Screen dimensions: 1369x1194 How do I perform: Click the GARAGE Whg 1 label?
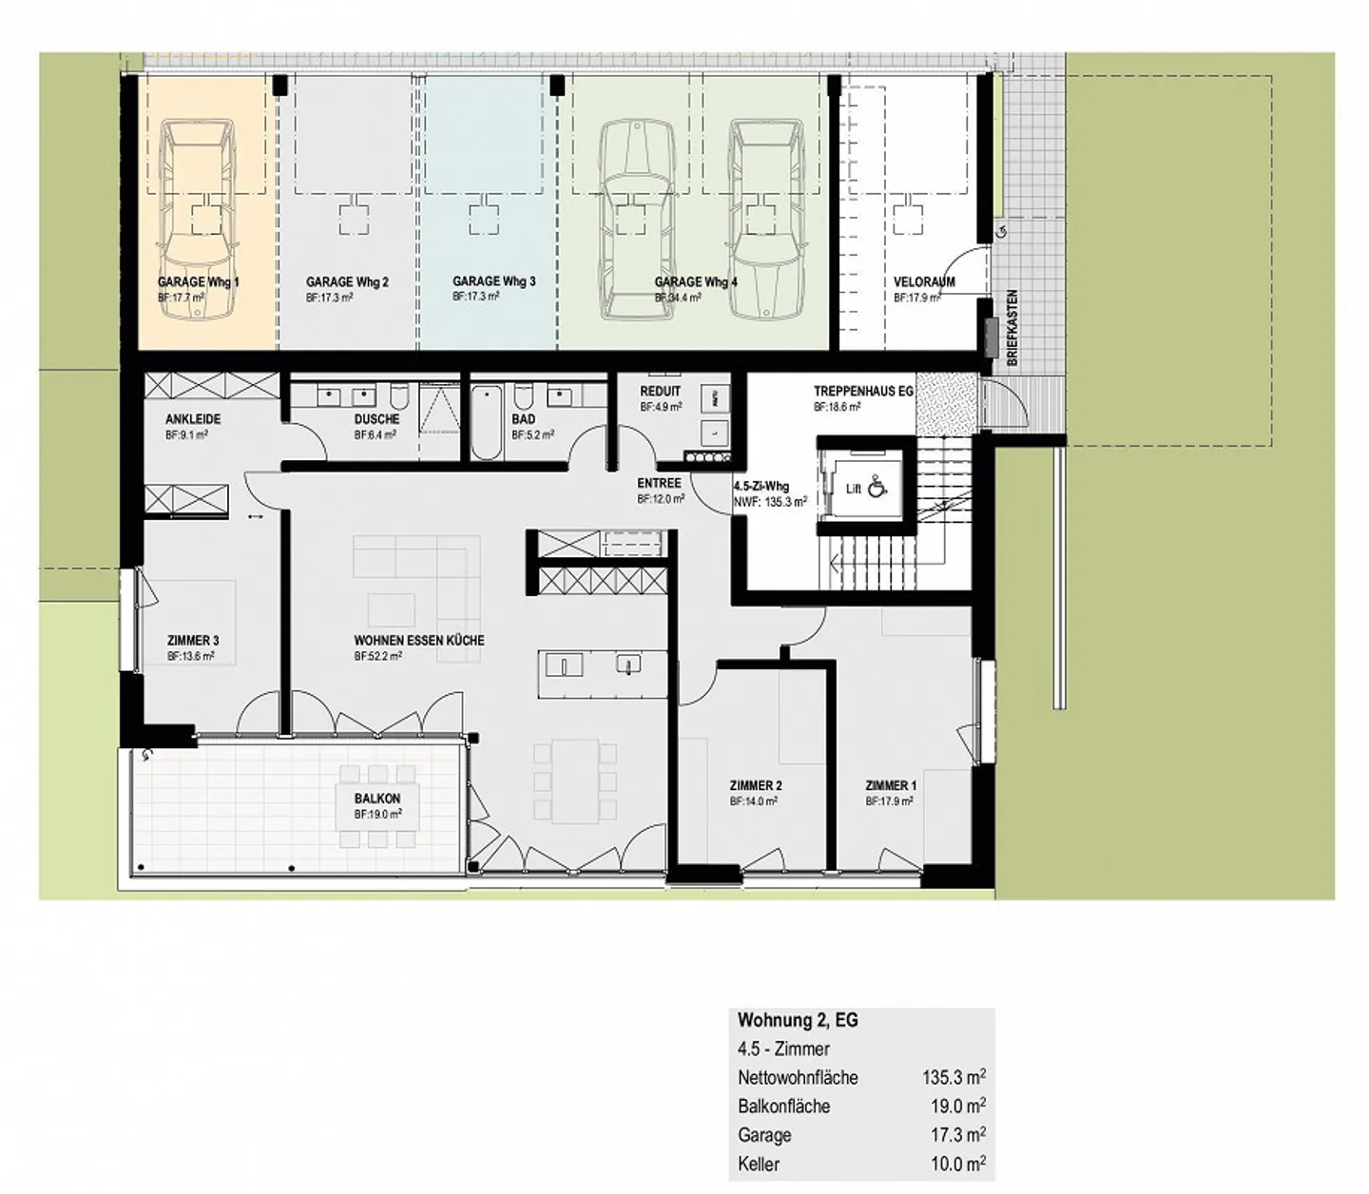(198, 282)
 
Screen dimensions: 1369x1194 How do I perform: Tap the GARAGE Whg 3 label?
(493, 281)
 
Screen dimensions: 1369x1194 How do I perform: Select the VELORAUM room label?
(924, 282)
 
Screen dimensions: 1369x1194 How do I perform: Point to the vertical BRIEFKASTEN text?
(1012, 328)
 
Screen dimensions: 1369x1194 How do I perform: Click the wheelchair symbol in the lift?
(877, 487)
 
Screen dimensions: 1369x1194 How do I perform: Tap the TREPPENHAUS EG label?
(863, 392)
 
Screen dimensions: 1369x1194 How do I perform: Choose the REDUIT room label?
(660, 392)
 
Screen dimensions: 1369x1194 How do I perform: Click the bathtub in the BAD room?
(487, 422)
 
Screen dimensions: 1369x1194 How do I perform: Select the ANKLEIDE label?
(193, 419)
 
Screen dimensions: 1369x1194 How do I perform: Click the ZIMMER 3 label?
(193, 640)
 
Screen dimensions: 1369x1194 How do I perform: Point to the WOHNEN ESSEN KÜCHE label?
(419, 640)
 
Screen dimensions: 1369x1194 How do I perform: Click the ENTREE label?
(659, 483)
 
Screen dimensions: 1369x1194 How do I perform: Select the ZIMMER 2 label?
(756, 785)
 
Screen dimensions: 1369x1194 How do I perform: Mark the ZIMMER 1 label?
(891, 785)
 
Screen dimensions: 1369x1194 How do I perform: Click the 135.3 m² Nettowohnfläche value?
(954, 1078)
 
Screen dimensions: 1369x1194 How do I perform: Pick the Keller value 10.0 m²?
(957, 1164)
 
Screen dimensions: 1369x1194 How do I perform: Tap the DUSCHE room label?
(376, 419)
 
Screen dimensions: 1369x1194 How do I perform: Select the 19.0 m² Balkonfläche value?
(957, 1107)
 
